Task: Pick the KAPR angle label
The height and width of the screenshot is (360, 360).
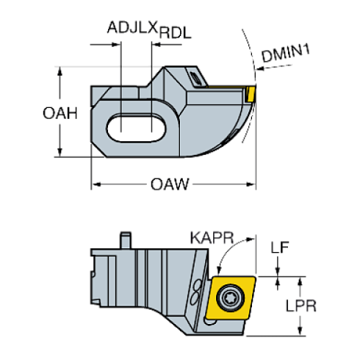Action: coord(210,238)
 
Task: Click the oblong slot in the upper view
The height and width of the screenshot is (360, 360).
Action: coord(137,126)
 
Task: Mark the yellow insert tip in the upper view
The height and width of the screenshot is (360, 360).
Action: coord(251,93)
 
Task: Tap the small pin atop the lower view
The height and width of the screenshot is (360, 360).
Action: coord(126,239)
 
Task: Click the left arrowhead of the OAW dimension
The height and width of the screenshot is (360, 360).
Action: coord(94,184)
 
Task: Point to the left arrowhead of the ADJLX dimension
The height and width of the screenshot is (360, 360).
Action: coord(116,44)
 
